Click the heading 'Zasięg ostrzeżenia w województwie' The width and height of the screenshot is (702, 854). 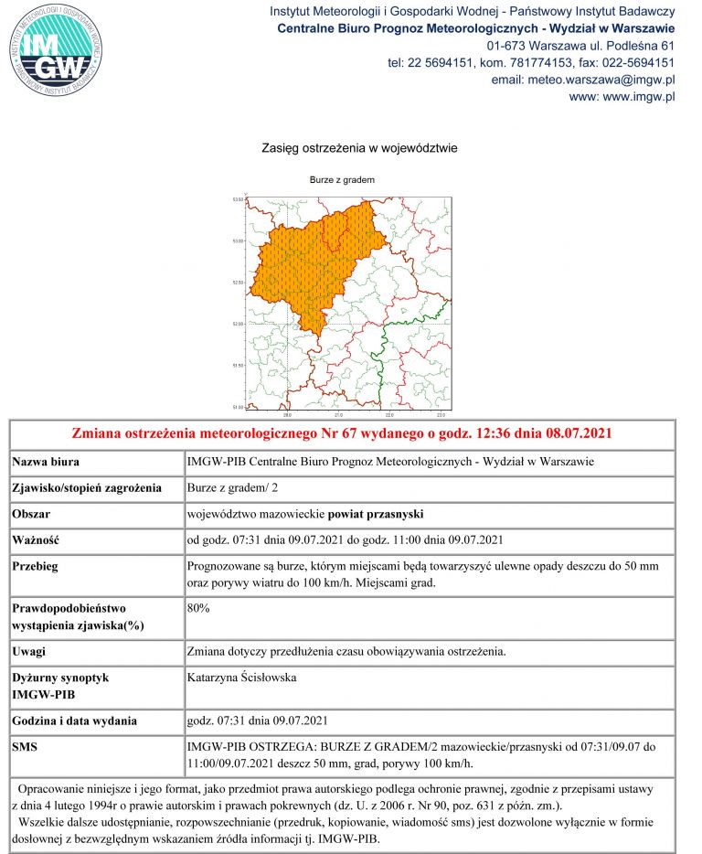coord(359,147)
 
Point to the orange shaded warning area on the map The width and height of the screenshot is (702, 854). coord(306,265)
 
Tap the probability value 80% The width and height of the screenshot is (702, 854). coord(198,607)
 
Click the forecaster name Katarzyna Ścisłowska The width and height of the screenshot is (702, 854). coord(241,678)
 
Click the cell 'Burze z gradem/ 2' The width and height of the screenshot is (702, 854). coord(232,486)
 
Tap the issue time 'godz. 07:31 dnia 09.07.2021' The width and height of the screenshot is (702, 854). coord(257,720)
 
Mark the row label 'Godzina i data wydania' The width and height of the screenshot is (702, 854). coord(74,720)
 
